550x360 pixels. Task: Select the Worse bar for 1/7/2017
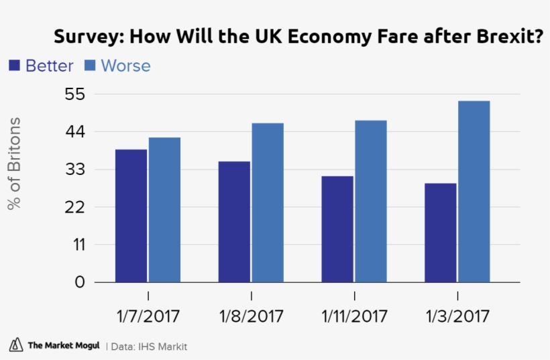165,210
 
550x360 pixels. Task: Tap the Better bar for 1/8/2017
234,222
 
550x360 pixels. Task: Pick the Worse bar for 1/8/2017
268,202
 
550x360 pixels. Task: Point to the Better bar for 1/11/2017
337,229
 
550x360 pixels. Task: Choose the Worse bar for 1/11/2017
371,201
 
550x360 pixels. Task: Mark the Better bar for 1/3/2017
441,233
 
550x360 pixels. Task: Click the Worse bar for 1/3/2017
474,192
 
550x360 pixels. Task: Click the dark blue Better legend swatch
14,66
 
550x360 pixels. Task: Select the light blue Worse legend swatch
90,66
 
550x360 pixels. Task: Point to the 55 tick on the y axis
74,94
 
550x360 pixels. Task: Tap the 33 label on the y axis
74,170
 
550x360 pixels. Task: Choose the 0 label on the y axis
80,282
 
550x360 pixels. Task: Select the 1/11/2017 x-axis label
354,315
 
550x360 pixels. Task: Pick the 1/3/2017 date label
457,315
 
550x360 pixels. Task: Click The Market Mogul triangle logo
15,345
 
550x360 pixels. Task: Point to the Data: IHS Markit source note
149,347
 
